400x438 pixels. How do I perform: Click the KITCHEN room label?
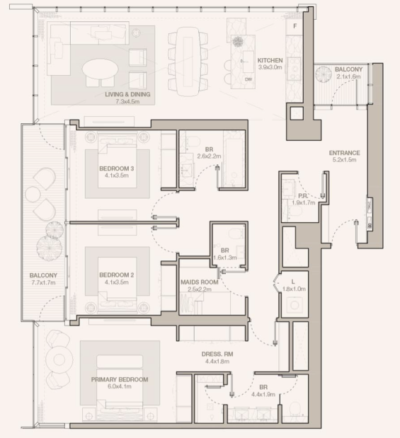[270, 60]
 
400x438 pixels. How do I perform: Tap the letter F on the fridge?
[295, 26]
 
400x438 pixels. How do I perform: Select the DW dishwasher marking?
[248, 79]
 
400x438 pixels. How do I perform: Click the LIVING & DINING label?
[127, 94]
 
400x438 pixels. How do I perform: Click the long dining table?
[188, 61]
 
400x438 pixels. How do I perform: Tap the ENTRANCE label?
[344, 153]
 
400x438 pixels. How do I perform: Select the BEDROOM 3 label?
[117, 168]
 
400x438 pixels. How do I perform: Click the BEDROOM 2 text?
[117, 275]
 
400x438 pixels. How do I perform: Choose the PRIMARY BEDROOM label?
[120, 379]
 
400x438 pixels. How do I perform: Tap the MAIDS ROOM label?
[200, 282]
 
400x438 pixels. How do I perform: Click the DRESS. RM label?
[217, 355]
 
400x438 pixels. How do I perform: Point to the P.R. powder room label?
[303, 196]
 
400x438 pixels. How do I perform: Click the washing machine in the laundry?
[295, 305]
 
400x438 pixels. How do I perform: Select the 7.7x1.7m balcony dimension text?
[43, 283]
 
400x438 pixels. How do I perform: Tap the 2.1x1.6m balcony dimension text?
[348, 76]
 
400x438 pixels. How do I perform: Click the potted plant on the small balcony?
[324, 74]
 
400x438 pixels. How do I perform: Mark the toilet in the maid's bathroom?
[234, 234]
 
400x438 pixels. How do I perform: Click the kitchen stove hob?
[294, 69]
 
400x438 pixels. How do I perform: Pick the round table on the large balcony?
[33, 194]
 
